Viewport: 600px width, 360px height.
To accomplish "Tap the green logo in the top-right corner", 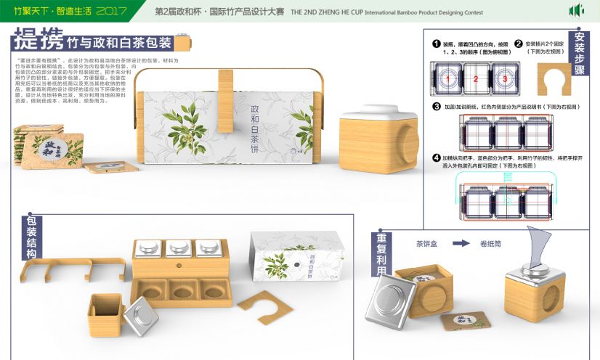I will (x=576, y=11).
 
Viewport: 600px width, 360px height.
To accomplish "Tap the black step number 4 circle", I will (x=436, y=157).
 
